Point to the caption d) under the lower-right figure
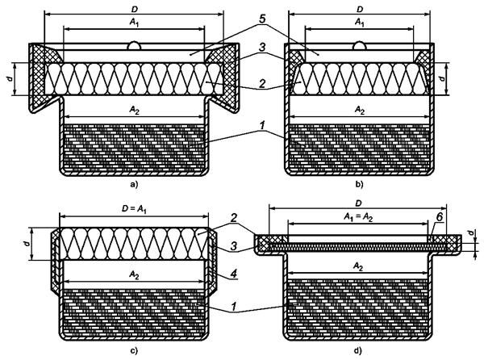(x=360, y=349)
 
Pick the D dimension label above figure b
(x=360, y=9)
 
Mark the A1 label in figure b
(x=360, y=23)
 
